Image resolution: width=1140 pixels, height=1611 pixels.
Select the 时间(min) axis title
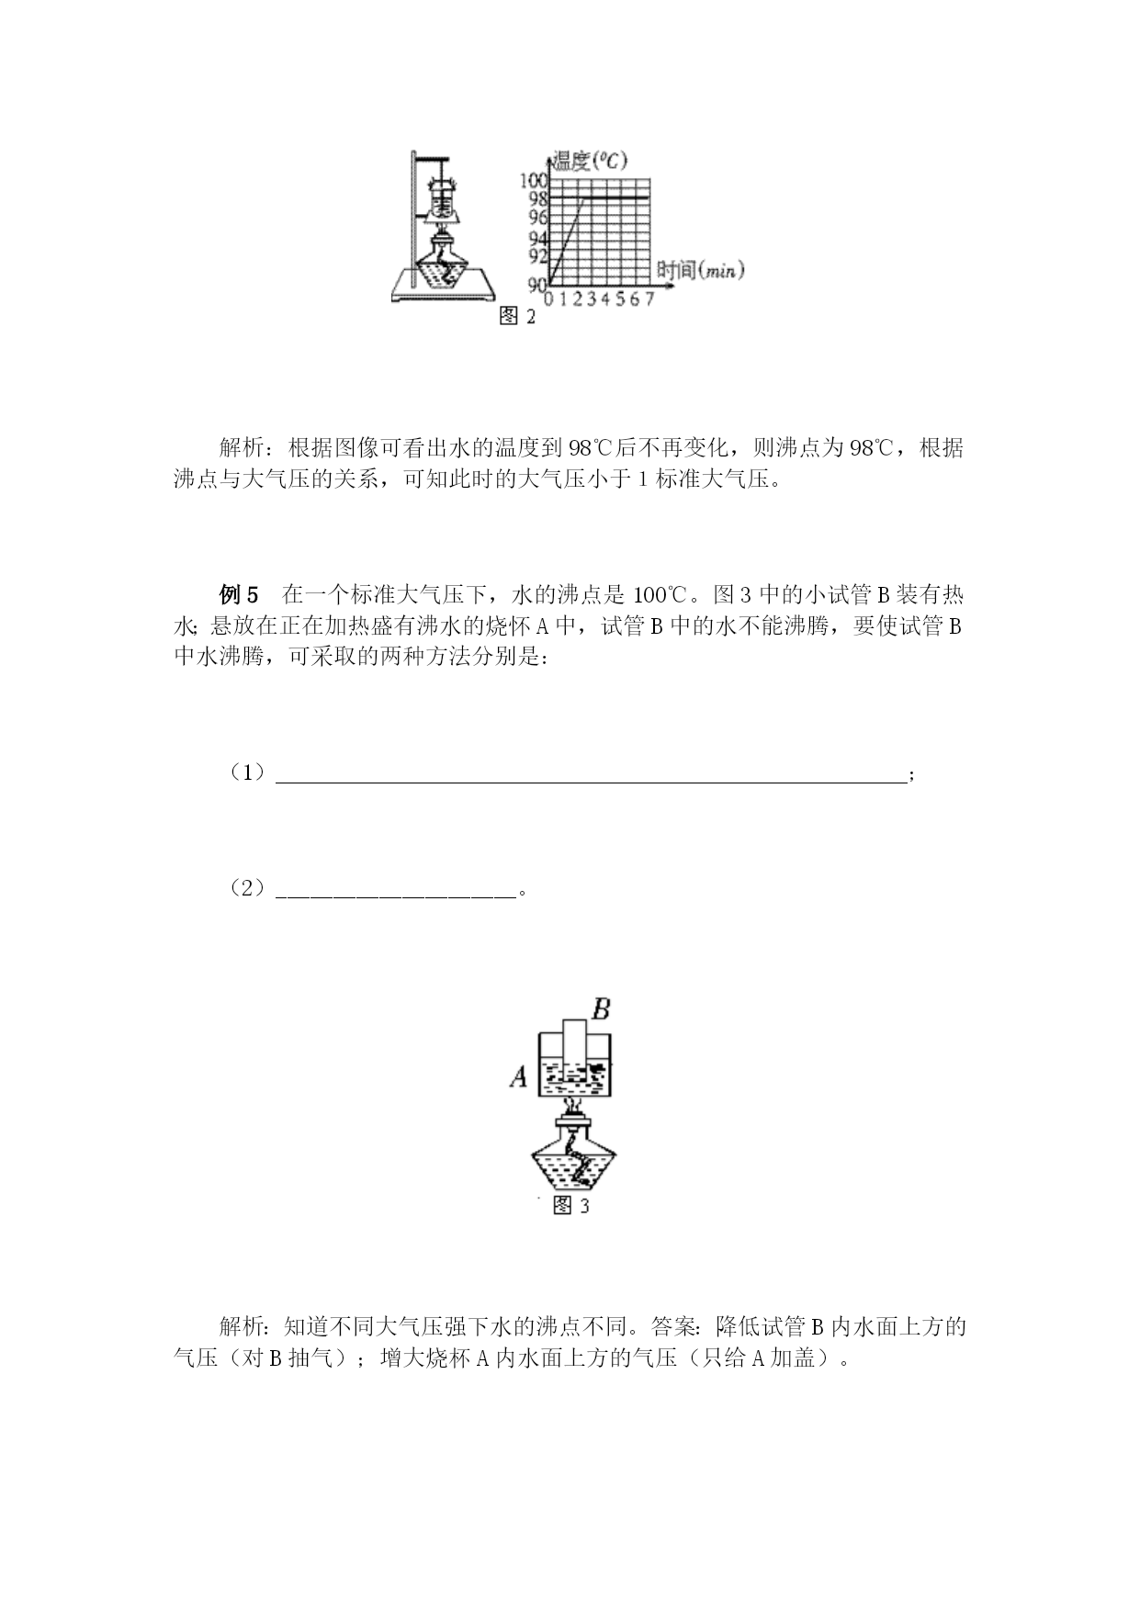[700, 270]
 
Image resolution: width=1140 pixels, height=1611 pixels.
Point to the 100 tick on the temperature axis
[534, 180]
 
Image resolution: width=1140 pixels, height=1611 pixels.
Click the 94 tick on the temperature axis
[538, 238]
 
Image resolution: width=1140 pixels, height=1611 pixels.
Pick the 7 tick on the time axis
[649, 300]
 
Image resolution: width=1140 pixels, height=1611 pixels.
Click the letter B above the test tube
[601, 1009]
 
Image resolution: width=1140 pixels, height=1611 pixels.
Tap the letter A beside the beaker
[519, 1076]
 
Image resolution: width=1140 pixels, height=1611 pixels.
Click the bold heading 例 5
[240, 594]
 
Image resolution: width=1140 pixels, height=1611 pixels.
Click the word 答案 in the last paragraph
[673, 1326]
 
